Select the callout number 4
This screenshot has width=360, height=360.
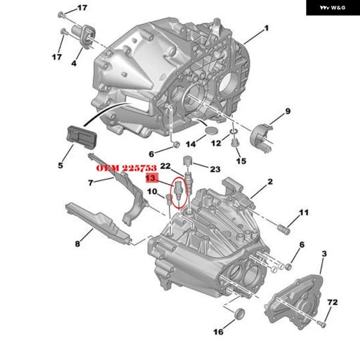(74, 62)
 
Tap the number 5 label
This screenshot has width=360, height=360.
(61, 164)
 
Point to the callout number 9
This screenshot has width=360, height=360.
(287, 111)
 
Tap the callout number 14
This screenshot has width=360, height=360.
(191, 144)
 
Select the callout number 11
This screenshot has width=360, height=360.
(304, 212)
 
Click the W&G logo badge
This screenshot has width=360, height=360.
(331, 8)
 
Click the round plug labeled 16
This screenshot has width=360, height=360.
(238, 314)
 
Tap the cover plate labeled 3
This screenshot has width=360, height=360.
(297, 300)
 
